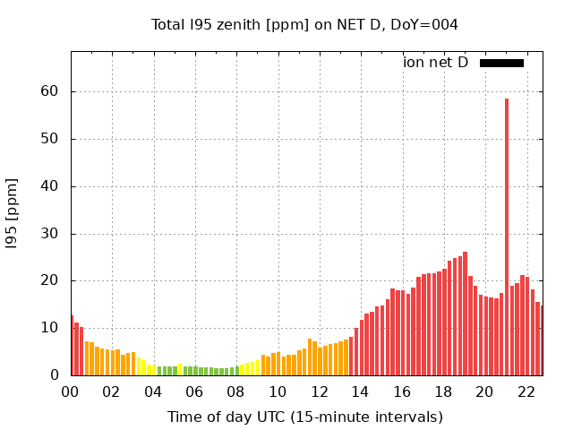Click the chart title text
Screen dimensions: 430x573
coord(304,24)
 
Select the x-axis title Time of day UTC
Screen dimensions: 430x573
coord(304,417)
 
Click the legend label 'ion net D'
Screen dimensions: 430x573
coord(435,63)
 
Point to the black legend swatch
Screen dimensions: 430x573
coord(501,63)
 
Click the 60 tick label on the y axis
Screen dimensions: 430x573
coord(50,91)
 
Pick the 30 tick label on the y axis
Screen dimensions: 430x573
coord(50,234)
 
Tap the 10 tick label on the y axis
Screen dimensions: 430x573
coord(50,328)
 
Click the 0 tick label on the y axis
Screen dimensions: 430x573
coord(55,375)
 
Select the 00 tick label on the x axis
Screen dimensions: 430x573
coord(71,392)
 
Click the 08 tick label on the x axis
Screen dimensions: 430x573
coord(236,392)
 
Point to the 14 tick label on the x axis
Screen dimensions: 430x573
coord(361,392)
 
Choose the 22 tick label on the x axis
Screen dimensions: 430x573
coord(526,392)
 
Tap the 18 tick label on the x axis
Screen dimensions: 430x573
coord(443,392)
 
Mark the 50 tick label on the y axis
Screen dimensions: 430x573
coord(50,139)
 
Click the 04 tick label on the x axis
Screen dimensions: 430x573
coord(154,392)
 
